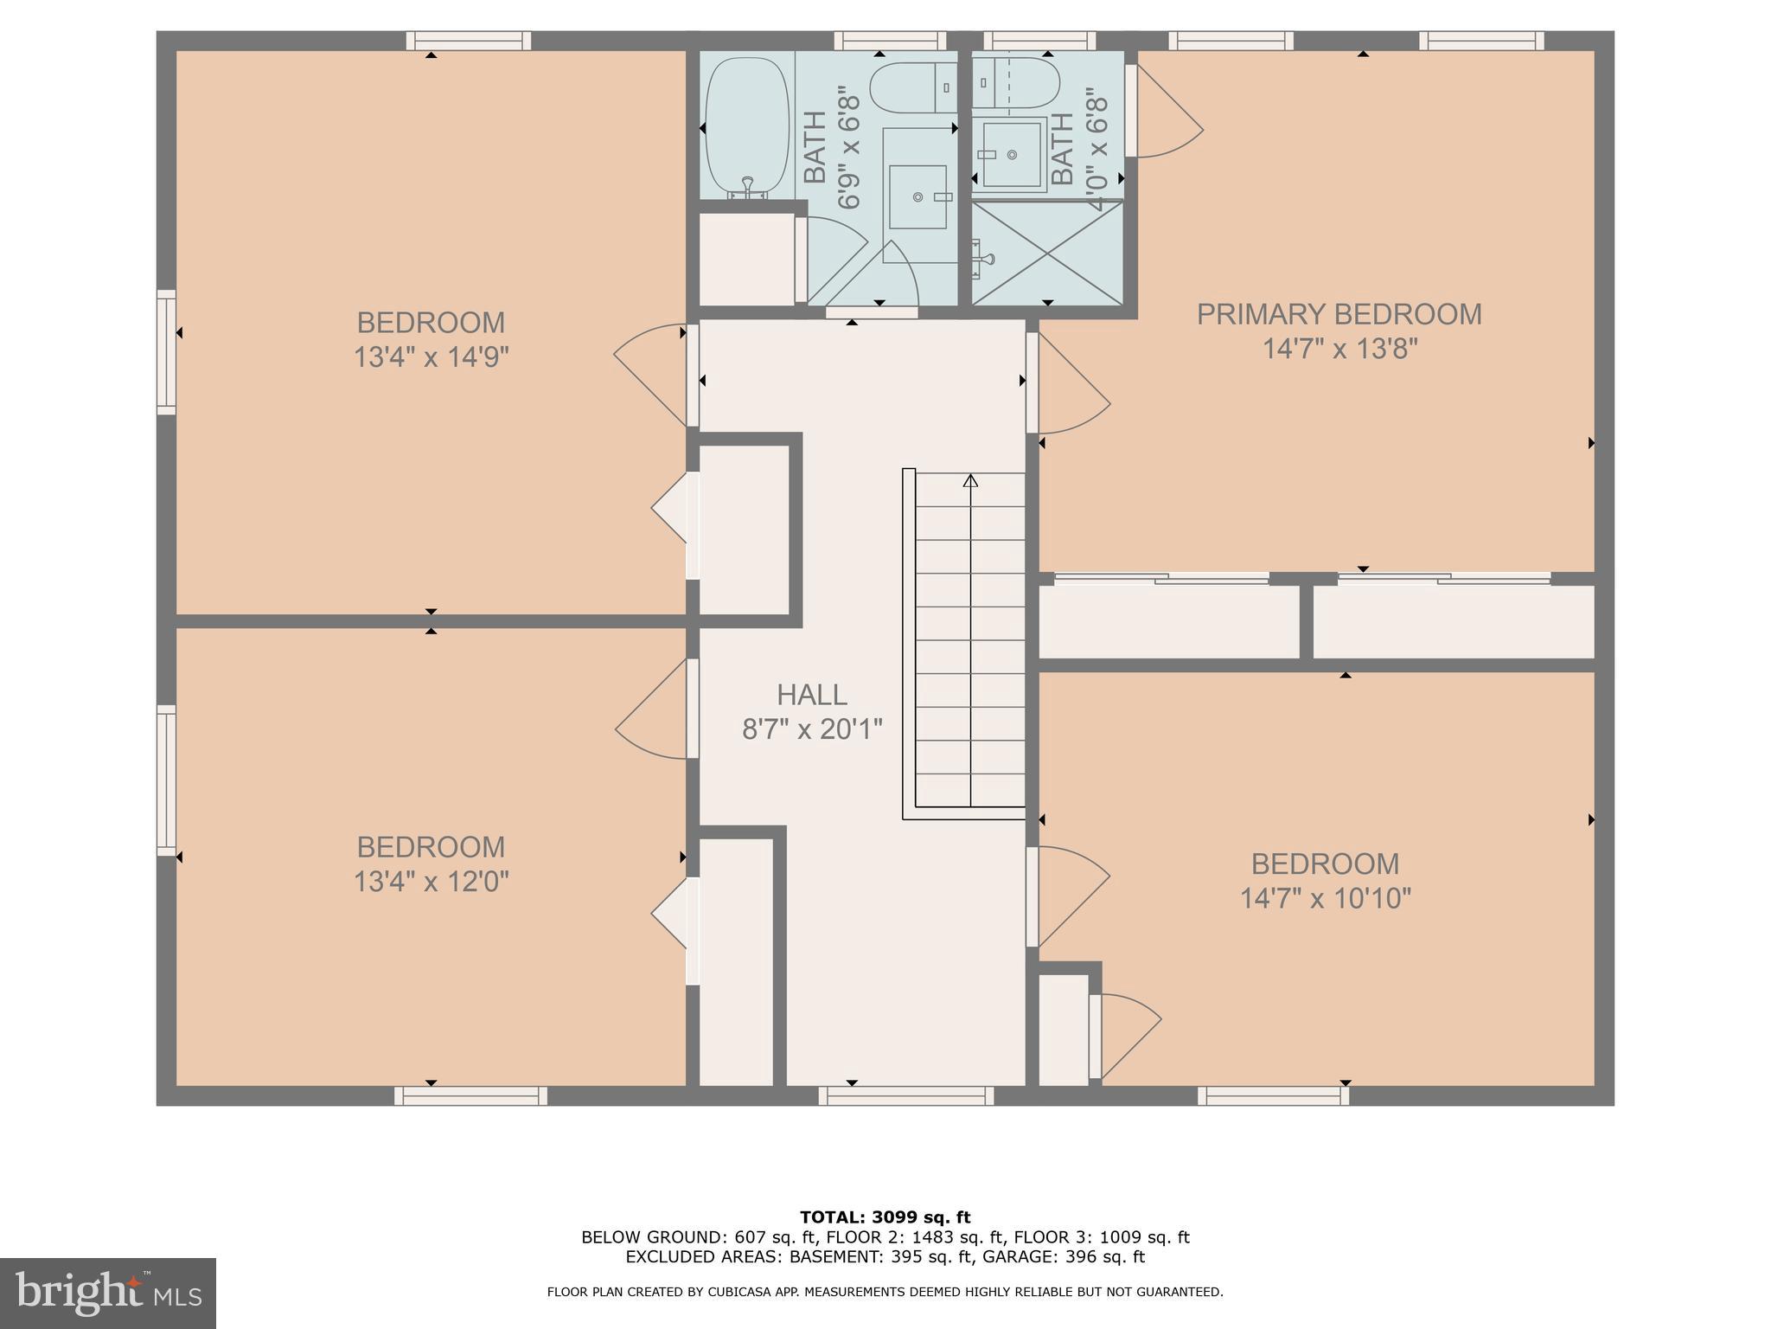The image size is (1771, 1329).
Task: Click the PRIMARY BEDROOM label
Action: (1339, 314)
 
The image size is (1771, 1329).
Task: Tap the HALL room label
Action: (811, 695)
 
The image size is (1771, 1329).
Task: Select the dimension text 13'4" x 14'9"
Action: (431, 357)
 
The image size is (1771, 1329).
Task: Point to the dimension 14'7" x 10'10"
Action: (1325, 899)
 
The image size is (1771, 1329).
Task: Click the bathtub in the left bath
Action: (747, 128)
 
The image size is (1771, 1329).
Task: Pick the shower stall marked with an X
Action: (1047, 253)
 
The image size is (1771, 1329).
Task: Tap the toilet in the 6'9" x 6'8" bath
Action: (913, 87)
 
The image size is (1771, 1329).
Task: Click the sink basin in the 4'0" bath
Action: (1011, 155)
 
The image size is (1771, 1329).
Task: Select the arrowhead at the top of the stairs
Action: (970, 480)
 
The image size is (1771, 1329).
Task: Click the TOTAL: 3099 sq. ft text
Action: (885, 1217)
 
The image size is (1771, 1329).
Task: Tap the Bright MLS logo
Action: (108, 1294)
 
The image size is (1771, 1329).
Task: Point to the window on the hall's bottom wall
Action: (906, 1095)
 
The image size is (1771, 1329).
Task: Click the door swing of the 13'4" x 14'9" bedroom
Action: (649, 375)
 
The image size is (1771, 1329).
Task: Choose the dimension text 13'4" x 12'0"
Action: (431, 882)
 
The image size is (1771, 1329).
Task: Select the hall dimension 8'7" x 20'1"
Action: (812, 729)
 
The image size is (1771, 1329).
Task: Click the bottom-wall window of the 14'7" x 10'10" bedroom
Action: (1274, 1095)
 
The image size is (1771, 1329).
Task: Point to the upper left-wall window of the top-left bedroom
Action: (166, 352)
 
